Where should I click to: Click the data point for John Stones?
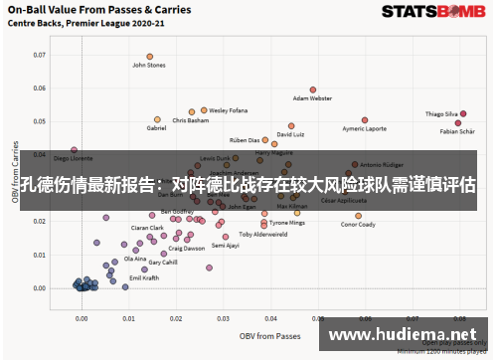click(x=150, y=57)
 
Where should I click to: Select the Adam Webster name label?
click(x=312, y=98)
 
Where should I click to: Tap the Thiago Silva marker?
click(x=463, y=114)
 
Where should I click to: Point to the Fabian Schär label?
click(x=457, y=131)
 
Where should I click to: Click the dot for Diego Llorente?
click(x=74, y=150)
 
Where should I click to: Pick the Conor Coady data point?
click(x=358, y=215)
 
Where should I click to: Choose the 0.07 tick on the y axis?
click(x=40, y=55)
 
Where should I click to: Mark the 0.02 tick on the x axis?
click(x=176, y=319)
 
